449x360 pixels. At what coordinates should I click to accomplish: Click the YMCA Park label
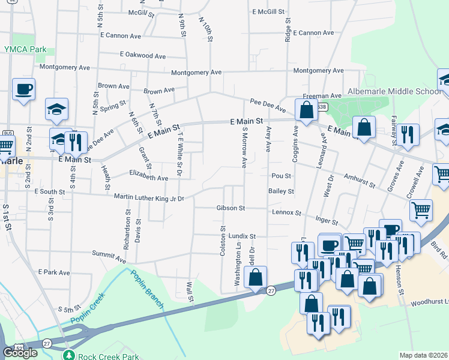(x=25, y=49)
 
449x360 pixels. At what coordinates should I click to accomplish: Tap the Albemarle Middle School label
(x=394, y=91)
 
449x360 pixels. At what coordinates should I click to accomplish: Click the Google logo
(x=20, y=352)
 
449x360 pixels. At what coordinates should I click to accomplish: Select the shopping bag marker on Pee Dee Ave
(x=306, y=111)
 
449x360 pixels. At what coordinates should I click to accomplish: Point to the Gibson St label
(x=231, y=208)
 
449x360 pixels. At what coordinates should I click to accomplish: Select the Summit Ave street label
(x=109, y=257)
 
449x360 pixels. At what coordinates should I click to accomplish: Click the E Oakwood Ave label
(x=142, y=56)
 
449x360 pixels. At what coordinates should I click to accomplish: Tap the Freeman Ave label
(x=322, y=96)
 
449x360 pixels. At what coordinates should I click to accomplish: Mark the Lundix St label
(x=242, y=236)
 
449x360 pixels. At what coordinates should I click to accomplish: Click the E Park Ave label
(x=54, y=272)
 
